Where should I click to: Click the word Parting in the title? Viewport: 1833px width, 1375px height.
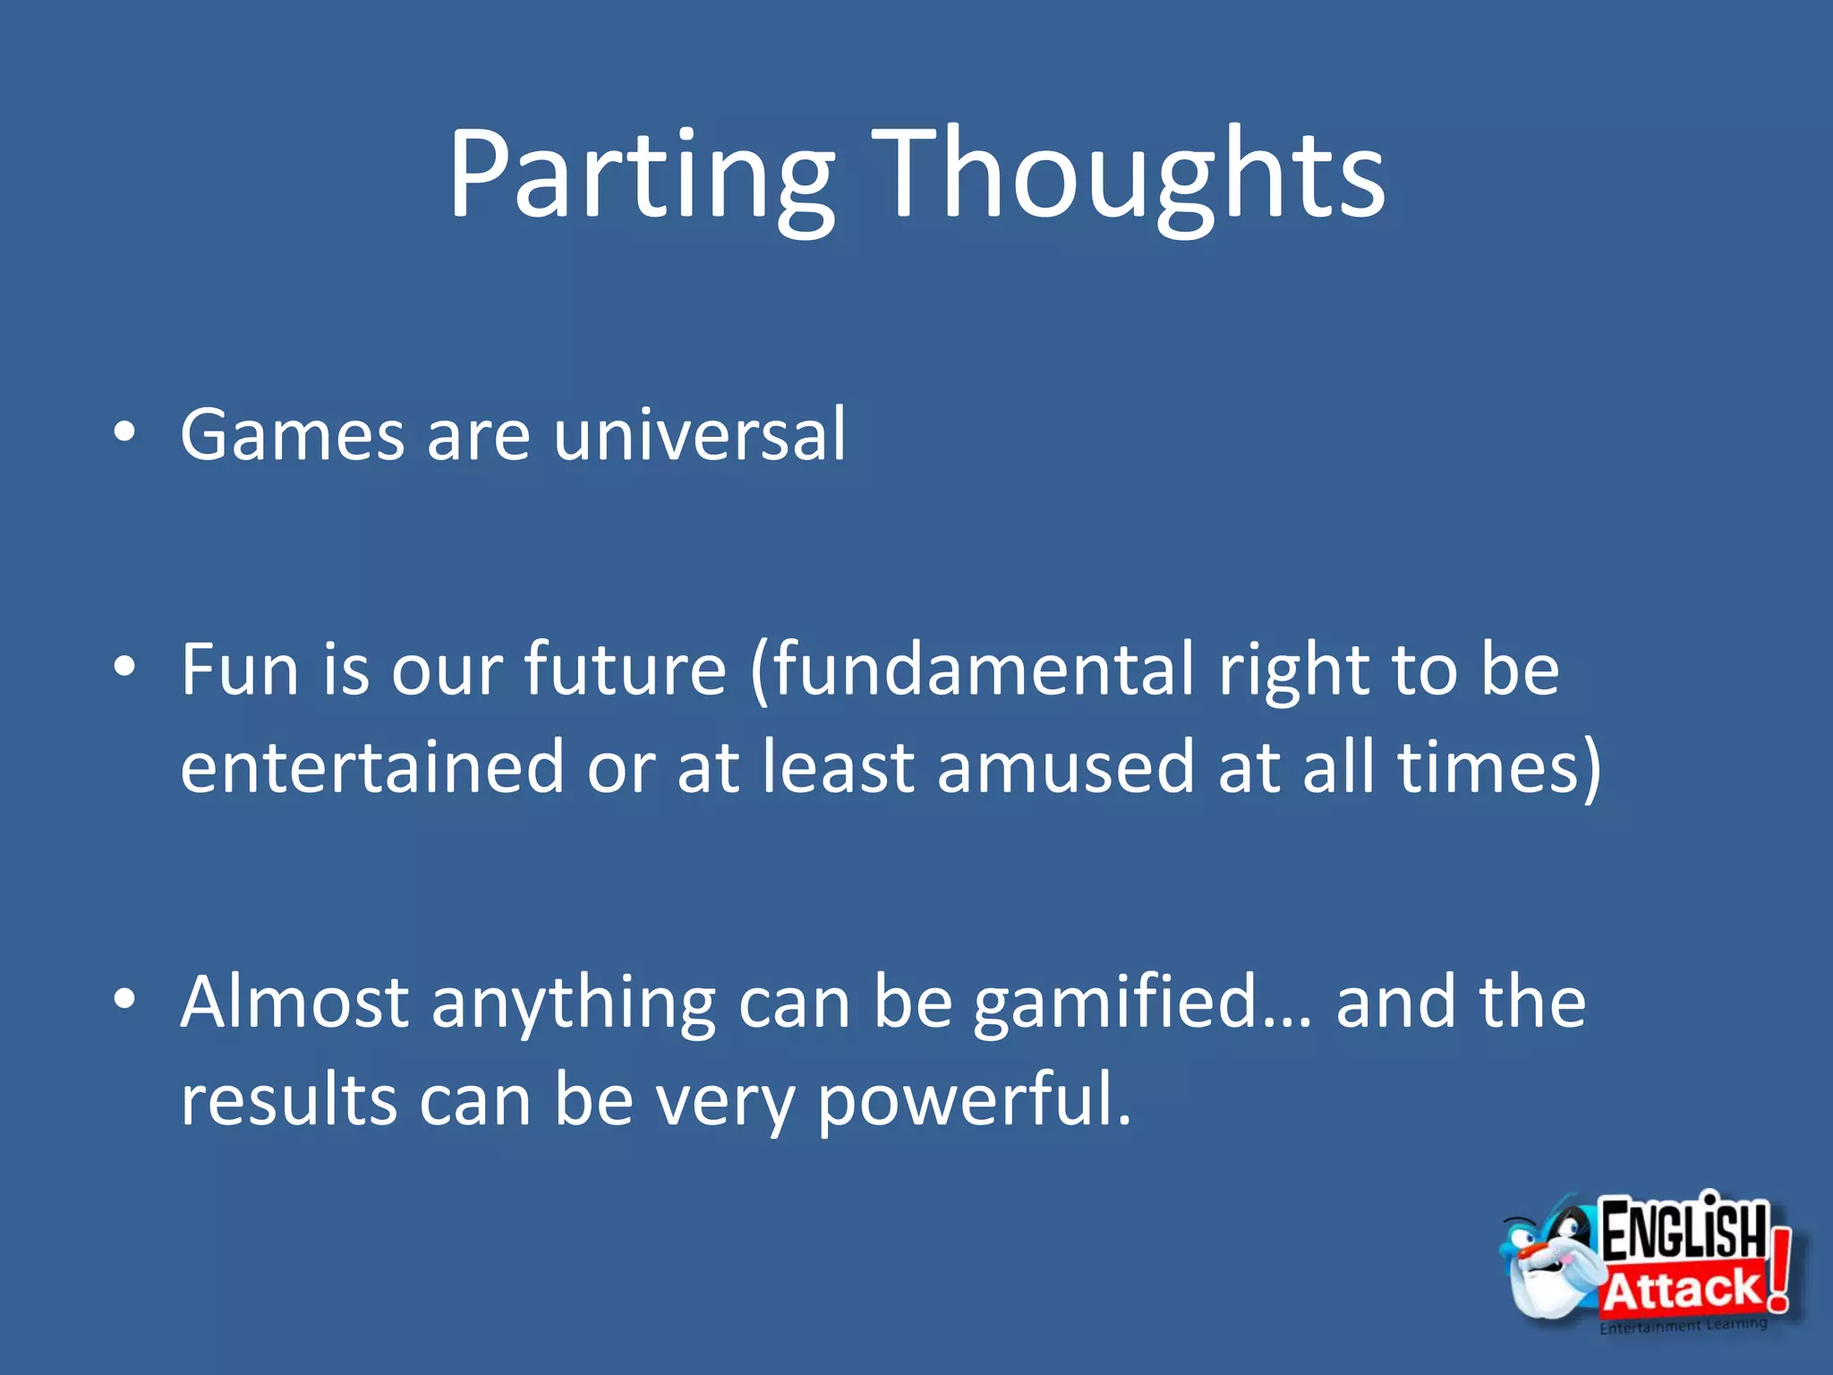coord(641,175)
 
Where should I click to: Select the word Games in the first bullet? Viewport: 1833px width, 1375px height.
coord(292,435)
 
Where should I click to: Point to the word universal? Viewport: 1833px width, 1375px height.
coord(699,435)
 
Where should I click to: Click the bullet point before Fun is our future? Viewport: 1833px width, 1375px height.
coord(124,667)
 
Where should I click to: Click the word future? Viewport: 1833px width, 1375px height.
coord(624,670)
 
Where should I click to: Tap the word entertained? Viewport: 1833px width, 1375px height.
coord(371,768)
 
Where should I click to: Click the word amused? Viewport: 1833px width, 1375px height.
coord(1065,768)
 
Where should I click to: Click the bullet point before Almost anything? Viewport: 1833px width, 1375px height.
coord(124,999)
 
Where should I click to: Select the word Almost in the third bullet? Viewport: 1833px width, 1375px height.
coord(294,1003)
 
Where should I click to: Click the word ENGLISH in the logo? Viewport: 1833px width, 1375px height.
coord(1683,1231)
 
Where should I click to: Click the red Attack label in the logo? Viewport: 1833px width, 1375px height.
coord(1681,1289)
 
